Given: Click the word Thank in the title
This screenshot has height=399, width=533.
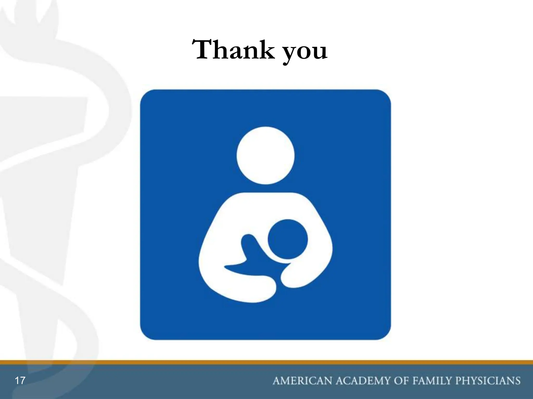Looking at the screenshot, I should point(233,50).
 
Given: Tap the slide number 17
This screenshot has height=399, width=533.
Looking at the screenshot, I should point(20,381).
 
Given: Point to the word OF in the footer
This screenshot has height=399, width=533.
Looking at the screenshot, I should point(401,381).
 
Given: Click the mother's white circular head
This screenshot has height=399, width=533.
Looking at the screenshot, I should point(265,155).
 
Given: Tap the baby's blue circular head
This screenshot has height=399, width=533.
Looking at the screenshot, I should point(288,239).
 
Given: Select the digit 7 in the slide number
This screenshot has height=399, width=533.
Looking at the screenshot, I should point(23,381).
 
